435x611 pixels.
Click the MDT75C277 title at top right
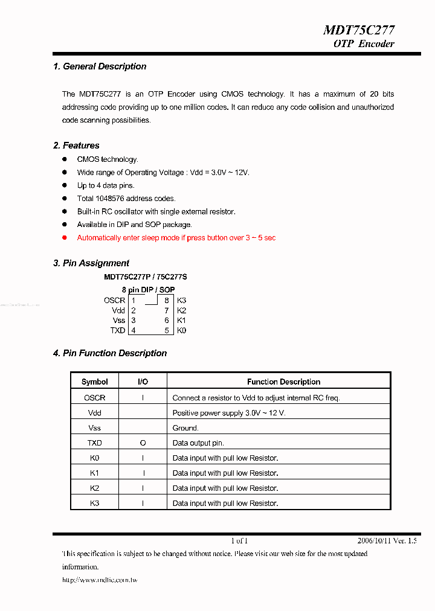pos(359,30)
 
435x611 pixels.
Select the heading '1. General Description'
pos(100,66)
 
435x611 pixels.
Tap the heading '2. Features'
pos(76,146)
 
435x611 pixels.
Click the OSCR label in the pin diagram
pos(114,300)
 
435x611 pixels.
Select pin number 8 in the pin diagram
pos(166,300)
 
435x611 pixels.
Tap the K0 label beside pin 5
pos(181,330)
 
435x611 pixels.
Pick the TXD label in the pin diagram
pos(117,330)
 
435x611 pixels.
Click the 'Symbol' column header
pos(94,382)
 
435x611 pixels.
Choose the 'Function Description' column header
pos(283,382)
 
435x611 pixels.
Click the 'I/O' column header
pos(143,382)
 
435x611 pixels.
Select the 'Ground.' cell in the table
pos(185,428)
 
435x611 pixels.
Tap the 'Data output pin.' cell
pos(198,443)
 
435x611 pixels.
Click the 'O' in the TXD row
pos(143,443)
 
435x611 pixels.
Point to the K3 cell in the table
pos(94,503)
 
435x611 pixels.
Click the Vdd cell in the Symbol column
pos(94,413)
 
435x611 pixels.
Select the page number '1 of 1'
pos(239,541)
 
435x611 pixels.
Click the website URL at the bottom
pos(100,580)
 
